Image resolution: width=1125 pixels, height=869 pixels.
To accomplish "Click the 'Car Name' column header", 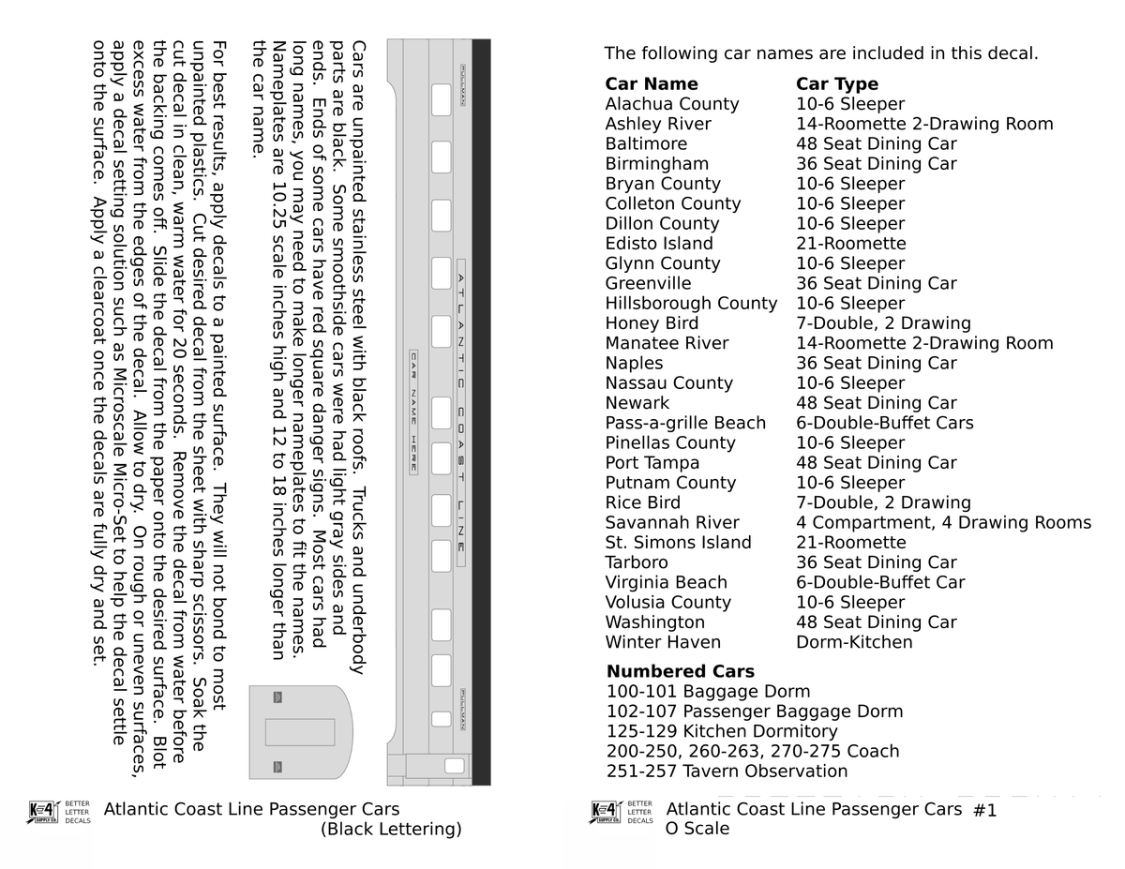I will (x=651, y=84).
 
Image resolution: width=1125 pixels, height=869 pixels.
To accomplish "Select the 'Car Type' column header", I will (x=837, y=84).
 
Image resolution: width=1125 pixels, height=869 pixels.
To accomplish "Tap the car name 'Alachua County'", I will (x=671, y=104).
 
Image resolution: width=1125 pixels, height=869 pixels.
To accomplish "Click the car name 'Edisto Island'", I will (x=659, y=244).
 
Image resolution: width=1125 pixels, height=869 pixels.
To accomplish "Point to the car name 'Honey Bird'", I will (x=652, y=323).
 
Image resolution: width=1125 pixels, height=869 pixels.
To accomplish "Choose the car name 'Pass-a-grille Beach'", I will (x=685, y=423).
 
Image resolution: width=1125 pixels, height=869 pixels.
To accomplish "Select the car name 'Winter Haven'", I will (x=663, y=642).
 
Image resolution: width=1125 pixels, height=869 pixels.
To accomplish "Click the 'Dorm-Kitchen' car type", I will (x=854, y=642).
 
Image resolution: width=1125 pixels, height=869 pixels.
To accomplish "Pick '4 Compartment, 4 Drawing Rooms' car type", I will (x=943, y=523).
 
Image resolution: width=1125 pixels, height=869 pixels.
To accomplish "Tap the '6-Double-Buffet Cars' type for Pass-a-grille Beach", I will (x=885, y=423).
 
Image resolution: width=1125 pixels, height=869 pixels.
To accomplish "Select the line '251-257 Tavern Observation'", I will (x=727, y=772).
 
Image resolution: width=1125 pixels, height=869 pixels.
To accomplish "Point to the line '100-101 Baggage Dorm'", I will (x=708, y=692).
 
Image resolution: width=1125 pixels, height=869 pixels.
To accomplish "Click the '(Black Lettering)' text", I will (x=391, y=830).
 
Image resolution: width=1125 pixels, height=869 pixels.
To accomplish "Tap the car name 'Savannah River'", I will (x=671, y=523).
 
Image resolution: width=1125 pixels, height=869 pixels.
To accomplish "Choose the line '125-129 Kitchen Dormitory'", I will (x=721, y=731).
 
